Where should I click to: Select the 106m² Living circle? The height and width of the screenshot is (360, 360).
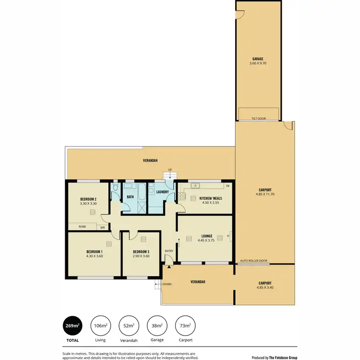pyautogui.click(x=100, y=326)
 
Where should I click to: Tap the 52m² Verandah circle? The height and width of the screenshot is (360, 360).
pyautogui.click(x=128, y=326)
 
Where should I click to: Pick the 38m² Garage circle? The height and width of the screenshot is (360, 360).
pyautogui.click(x=156, y=326)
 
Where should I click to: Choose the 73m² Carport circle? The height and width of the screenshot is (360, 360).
pyautogui.click(x=185, y=326)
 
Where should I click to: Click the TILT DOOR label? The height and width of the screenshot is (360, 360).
pyautogui.click(x=258, y=119)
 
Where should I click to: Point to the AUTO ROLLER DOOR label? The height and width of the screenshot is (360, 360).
pyautogui.click(x=254, y=261)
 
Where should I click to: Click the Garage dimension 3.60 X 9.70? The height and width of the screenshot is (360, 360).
pyautogui.click(x=258, y=63)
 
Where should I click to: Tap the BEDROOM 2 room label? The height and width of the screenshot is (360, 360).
pyautogui.click(x=88, y=199)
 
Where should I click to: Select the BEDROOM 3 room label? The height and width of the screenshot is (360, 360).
pyautogui.click(x=141, y=252)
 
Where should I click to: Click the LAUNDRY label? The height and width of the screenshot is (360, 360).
pyautogui.click(x=162, y=192)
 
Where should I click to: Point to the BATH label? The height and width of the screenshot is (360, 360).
pyautogui.click(x=130, y=197)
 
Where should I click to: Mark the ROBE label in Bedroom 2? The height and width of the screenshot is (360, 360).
pyautogui.click(x=82, y=226)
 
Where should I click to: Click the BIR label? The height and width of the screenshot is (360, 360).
pyautogui.click(x=103, y=227)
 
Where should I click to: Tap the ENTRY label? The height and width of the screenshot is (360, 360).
pyautogui.click(x=168, y=251)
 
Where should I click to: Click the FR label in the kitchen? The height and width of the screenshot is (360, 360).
pyautogui.click(x=228, y=186)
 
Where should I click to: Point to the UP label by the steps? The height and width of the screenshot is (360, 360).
pyautogui.click(x=169, y=170)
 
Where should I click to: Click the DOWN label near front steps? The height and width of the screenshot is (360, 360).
pyautogui.click(x=167, y=284)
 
